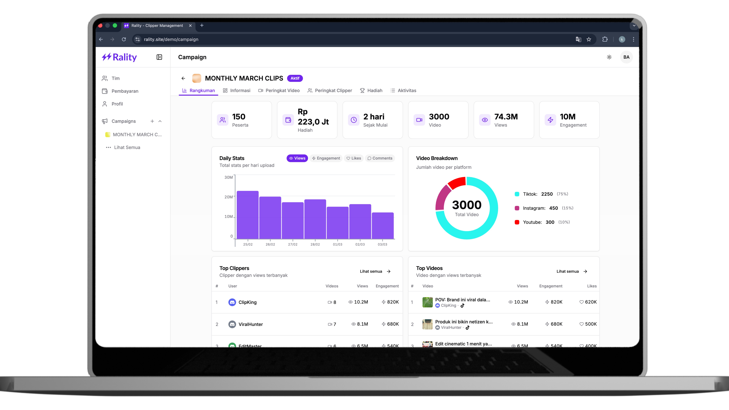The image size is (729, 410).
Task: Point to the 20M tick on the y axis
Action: click(229, 197)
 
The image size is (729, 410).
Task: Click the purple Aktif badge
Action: click(295, 78)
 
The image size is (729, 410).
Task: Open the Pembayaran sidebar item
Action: click(125, 91)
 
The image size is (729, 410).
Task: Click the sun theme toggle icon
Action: click(609, 57)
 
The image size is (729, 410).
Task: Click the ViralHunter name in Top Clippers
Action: click(250, 324)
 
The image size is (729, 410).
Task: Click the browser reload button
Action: click(124, 39)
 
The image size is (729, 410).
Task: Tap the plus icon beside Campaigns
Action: click(152, 121)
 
